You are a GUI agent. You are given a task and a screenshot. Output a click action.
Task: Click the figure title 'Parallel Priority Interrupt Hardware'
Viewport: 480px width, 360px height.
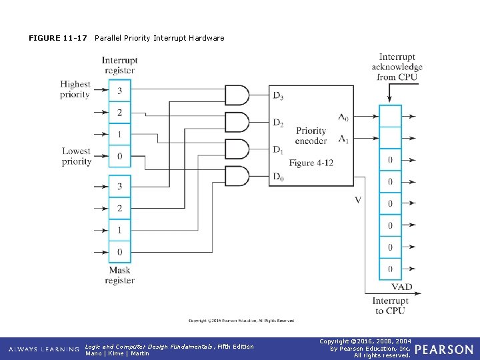(x=159, y=38)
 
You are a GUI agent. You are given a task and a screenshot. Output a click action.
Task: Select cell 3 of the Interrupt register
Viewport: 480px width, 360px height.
(x=120, y=90)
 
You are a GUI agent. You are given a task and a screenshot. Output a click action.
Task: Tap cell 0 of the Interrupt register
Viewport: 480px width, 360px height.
(x=120, y=156)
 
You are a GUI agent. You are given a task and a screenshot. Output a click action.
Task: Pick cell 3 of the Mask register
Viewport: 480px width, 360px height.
(x=120, y=186)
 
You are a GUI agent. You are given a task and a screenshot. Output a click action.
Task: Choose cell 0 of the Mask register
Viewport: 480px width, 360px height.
(x=120, y=251)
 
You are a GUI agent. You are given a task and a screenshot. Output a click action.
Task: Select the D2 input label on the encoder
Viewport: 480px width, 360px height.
(x=278, y=123)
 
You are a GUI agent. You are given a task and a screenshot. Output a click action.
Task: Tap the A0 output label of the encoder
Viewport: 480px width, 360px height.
(x=343, y=117)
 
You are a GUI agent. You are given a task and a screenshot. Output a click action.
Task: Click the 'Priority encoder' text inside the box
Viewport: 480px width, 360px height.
(x=311, y=136)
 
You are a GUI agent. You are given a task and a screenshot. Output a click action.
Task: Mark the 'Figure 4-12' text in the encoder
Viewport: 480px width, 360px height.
(x=311, y=163)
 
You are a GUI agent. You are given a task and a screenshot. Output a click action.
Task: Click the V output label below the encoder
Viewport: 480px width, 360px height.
(x=358, y=200)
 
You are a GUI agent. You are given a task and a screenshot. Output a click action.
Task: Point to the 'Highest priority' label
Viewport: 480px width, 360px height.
(x=75, y=89)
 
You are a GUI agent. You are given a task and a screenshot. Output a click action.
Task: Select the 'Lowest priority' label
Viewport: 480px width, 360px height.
(x=77, y=156)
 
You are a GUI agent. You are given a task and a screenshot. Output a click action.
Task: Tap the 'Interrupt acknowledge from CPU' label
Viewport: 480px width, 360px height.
(x=397, y=67)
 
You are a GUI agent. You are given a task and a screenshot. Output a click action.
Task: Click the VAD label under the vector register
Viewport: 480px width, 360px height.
(x=401, y=287)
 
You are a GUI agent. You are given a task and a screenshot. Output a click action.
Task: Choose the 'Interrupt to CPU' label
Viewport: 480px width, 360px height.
(x=391, y=306)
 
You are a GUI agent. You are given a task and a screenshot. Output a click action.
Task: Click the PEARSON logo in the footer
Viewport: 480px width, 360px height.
(x=444, y=349)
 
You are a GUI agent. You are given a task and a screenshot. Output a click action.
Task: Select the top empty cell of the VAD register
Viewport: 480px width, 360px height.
(x=390, y=116)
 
